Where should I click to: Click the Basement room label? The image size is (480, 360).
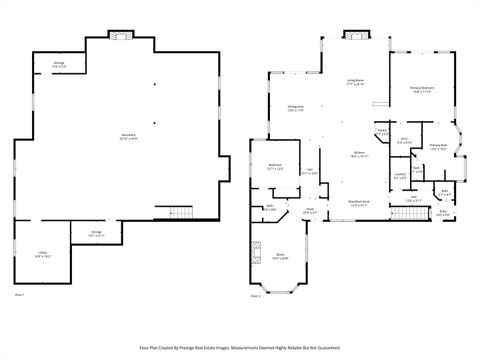[x=128, y=137]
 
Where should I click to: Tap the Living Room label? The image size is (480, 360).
[x=355, y=82]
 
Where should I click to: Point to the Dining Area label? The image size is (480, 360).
[x=297, y=108]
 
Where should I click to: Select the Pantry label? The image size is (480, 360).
[x=382, y=132]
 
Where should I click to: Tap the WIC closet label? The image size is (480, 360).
[x=404, y=141]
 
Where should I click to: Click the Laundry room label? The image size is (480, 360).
[x=400, y=177]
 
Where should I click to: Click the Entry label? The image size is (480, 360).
[x=444, y=212]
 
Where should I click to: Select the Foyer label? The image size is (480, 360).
[x=310, y=211]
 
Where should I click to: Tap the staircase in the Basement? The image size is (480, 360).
[x=179, y=212]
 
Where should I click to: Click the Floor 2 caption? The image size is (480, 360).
[x=256, y=296]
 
